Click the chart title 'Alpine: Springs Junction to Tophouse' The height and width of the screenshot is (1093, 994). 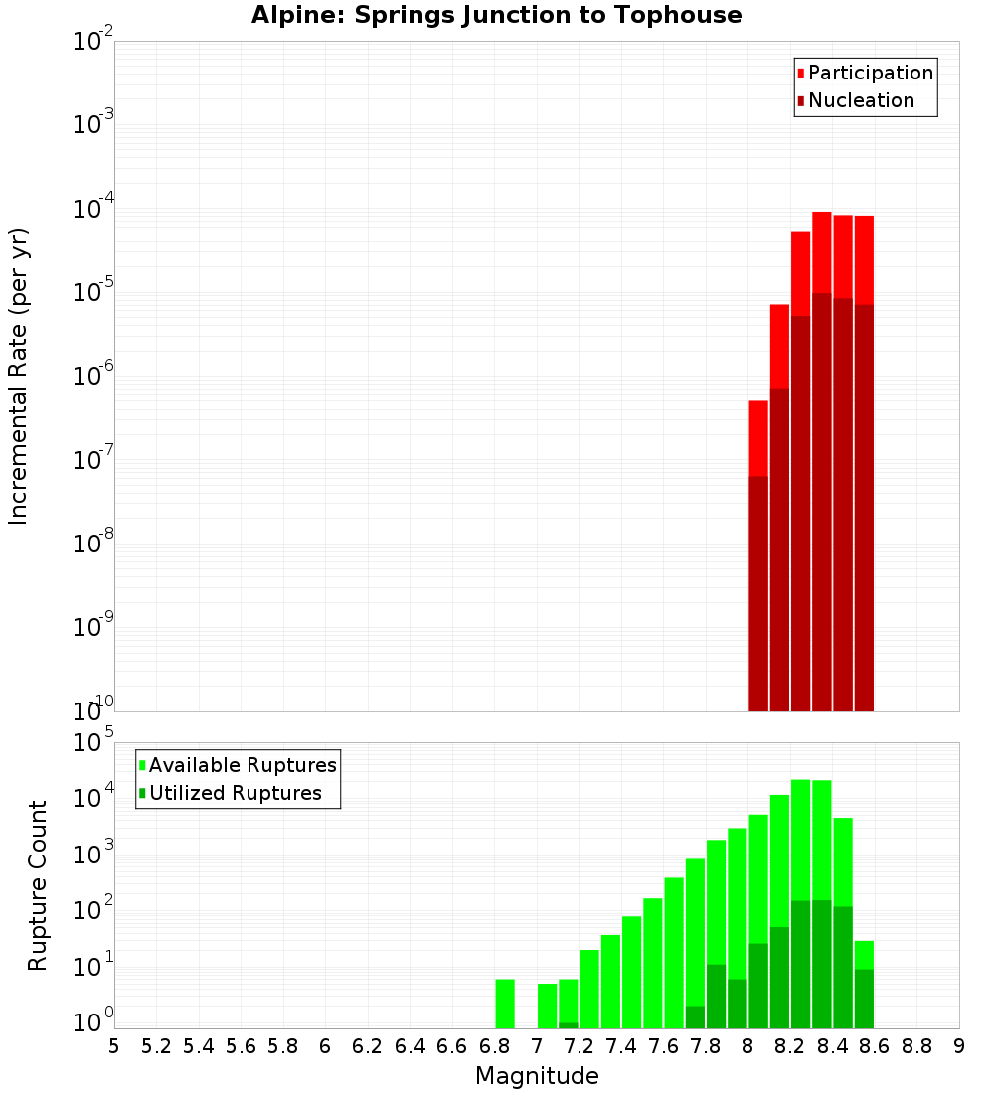[496, 15]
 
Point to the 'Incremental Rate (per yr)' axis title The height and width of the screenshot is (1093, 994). [19, 376]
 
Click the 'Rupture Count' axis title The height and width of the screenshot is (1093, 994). [38, 885]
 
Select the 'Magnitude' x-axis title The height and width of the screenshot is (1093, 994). [537, 1076]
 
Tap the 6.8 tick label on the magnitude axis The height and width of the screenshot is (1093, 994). [494, 1046]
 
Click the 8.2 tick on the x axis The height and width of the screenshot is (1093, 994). [790, 1046]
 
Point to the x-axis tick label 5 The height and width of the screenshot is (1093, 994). [114, 1046]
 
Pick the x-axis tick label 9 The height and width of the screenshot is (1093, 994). [959, 1046]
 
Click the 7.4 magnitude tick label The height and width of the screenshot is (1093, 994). [621, 1046]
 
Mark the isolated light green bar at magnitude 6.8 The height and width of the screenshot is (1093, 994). [505, 1004]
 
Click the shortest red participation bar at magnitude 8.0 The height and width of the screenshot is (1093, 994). [758, 437]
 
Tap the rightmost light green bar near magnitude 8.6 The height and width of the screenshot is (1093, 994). [864, 954]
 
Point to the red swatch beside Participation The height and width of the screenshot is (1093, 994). [800, 73]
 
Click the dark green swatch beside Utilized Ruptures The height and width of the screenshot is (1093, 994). [142, 793]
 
